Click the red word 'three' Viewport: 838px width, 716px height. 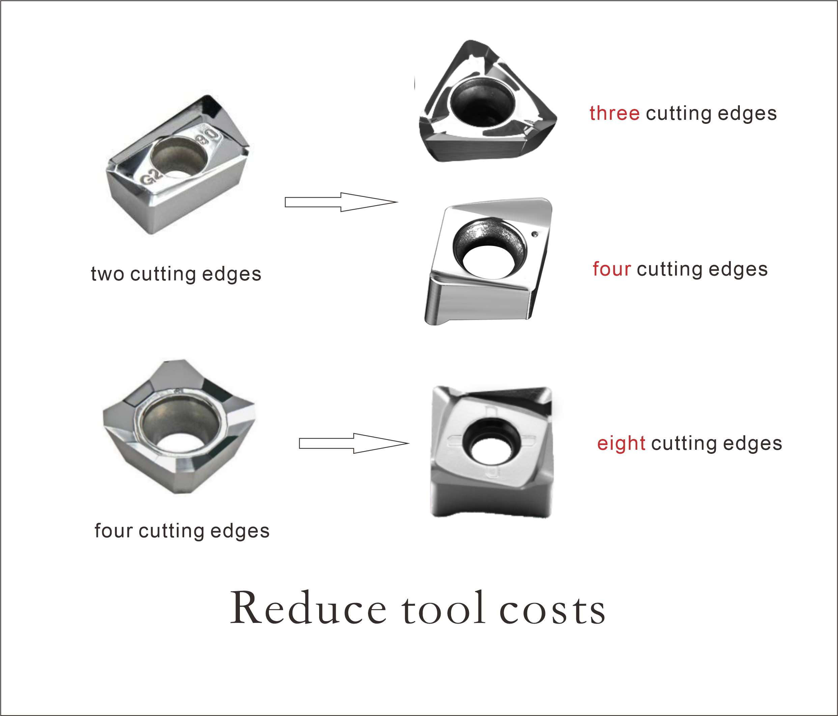[614, 113]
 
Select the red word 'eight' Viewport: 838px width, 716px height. [621, 443]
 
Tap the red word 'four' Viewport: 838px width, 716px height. [612, 269]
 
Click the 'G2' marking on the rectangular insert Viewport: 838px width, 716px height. [150, 176]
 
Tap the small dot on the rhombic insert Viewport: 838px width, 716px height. [535, 234]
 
